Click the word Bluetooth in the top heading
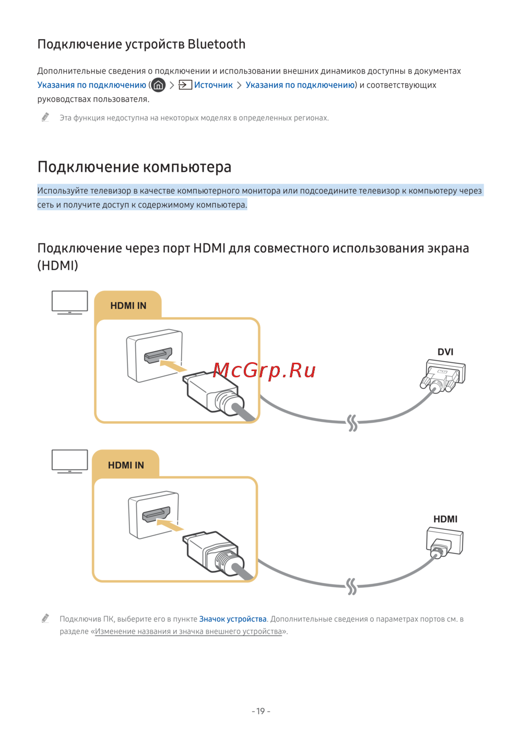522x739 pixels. [x=216, y=44]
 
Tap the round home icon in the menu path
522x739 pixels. [x=158, y=85]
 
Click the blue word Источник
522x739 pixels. [x=213, y=85]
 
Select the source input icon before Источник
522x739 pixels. [x=185, y=85]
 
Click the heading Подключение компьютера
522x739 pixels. [x=134, y=167]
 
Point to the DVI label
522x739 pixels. [x=445, y=352]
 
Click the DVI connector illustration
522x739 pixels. [x=443, y=376]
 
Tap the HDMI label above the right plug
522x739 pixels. [x=445, y=519]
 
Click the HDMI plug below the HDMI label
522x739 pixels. [x=444, y=541]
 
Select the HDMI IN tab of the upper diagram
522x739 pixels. [x=128, y=306]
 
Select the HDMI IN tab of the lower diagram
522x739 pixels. [x=126, y=465]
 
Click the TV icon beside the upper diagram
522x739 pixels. [x=70, y=302]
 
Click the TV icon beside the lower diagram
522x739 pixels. [x=70, y=461]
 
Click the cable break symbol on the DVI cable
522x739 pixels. [x=352, y=422]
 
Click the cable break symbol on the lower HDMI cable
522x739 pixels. [x=351, y=586]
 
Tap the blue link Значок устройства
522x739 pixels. [x=233, y=619]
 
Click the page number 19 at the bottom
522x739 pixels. [x=261, y=711]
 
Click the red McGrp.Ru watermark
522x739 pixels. [x=264, y=370]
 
